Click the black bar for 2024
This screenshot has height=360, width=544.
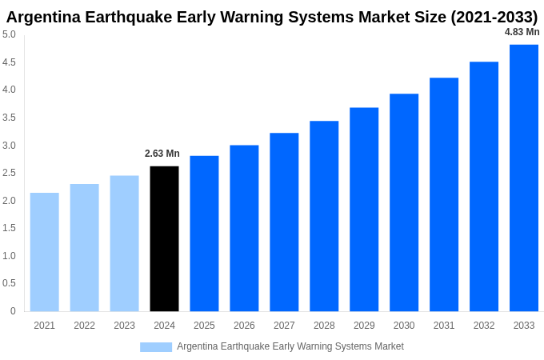click(x=164, y=238)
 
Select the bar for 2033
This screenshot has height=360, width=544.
click(x=524, y=178)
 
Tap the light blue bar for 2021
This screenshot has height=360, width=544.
click(x=45, y=252)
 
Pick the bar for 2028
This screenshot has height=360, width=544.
click(x=324, y=216)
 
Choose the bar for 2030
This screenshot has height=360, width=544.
click(x=404, y=202)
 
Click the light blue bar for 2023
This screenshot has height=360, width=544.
click(x=124, y=243)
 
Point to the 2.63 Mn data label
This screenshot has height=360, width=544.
click(x=162, y=154)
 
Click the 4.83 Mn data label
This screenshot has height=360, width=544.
click(x=522, y=32)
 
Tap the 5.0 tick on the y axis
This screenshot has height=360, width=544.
click(x=9, y=34)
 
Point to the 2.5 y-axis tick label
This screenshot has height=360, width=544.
click(x=9, y=173)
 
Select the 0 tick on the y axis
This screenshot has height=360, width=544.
click(x=13, y=311)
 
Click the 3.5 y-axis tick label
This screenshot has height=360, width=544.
click(x=9, y=118)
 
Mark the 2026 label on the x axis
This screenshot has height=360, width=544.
click(x=244, y=326)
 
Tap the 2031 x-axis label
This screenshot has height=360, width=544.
click(x=444, y=326)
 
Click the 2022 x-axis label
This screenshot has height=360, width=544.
click(x=84, y=326)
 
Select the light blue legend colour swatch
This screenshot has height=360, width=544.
click(x=156, y=347)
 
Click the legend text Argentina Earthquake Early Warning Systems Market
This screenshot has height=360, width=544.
click(x=290, y=346)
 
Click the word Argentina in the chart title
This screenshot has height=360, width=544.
click(x=46, y=17)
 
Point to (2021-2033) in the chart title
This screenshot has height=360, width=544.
click(x=494, y=17)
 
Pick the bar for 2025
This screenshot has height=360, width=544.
click(x=204, y=234)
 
